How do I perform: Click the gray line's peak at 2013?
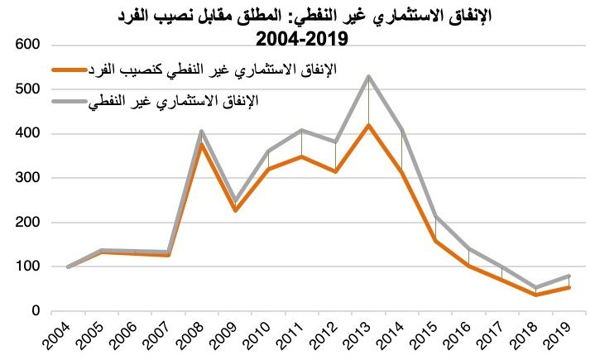point(367,77)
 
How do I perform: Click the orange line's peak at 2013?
point(367,125)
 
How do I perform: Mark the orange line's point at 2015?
point(435,241)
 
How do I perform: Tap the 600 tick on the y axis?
point(25,44)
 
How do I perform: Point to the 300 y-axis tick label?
point(25,177)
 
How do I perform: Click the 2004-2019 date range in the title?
point(299,39)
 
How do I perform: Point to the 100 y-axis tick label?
point(25,266)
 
